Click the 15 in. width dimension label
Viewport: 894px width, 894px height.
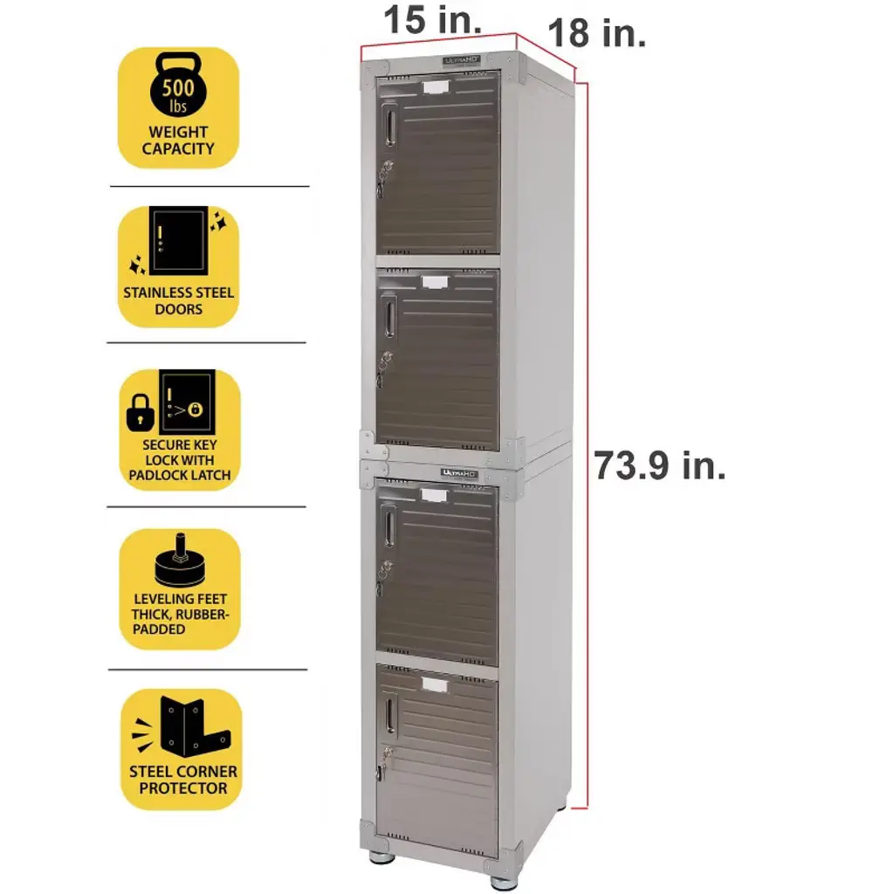click(431, 20)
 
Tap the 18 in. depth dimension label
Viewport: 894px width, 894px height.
click(596, 34)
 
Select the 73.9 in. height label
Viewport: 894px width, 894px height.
click(660, 465)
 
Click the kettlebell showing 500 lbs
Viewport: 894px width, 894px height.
click(179, 88)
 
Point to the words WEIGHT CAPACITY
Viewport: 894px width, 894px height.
click(178, 141)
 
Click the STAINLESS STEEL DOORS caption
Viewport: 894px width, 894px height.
click(179, 300)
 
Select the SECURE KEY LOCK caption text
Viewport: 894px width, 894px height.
click(179, 460)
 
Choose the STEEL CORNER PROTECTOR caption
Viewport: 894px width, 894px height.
click(183, 780)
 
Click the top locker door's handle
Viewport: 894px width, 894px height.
click(389, 125)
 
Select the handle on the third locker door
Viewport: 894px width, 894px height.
click(388, 527)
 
